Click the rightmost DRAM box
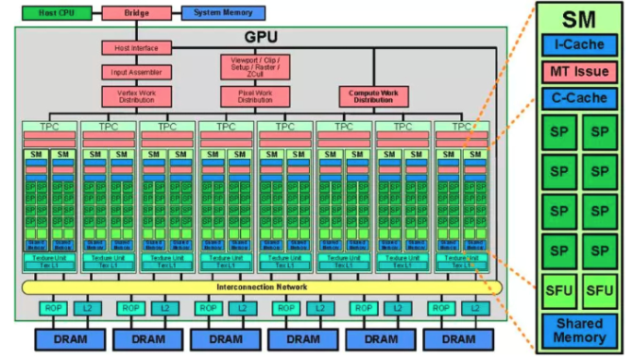(x=456, y=338)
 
